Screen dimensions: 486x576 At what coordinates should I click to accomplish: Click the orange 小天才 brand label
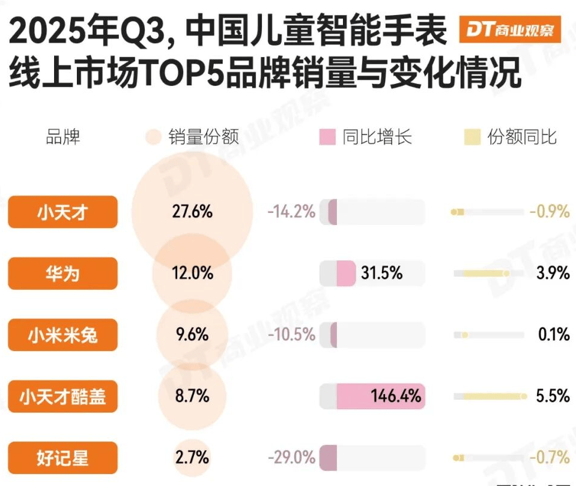tap(62, 212)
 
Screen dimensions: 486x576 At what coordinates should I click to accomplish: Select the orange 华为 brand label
tap(62, 274)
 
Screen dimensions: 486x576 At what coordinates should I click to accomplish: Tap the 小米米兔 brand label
tap(62, 335)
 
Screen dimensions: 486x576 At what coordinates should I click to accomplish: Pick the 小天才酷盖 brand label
tap(62, 397)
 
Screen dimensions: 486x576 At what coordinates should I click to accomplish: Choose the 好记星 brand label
tap(62, 458)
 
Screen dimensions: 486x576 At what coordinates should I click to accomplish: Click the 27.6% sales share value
tap(191, 212)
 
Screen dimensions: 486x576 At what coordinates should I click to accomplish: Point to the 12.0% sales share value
tap(191, 274)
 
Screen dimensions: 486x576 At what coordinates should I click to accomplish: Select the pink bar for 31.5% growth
tap(346, 274)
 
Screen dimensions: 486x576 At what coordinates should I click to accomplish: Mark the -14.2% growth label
tap(291, 212)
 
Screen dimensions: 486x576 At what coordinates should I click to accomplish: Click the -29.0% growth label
tap(291, 458)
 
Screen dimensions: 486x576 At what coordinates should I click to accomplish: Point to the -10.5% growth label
tap(291, 335)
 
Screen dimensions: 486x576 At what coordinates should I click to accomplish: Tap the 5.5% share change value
tap(553, 397)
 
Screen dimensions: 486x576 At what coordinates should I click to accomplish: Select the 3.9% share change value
tap(553, 274)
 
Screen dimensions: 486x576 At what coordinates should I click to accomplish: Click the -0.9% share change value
tap(550, 212)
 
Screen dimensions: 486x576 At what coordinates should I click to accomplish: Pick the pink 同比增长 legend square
tap(327, 137)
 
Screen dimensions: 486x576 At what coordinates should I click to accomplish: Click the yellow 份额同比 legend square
tap(472, 137)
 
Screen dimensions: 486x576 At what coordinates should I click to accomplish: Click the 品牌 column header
tap(63, 137)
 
